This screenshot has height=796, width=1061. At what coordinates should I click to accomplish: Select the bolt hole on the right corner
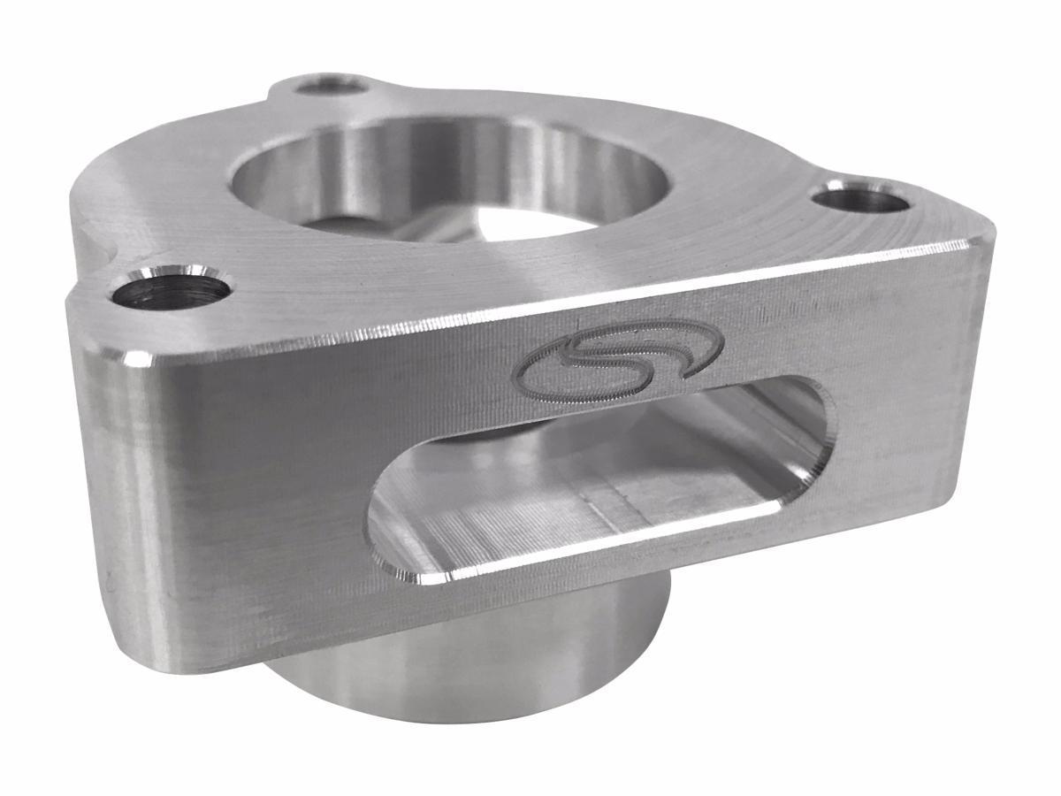point(860,197)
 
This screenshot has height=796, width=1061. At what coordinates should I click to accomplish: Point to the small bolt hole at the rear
point(331,85)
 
